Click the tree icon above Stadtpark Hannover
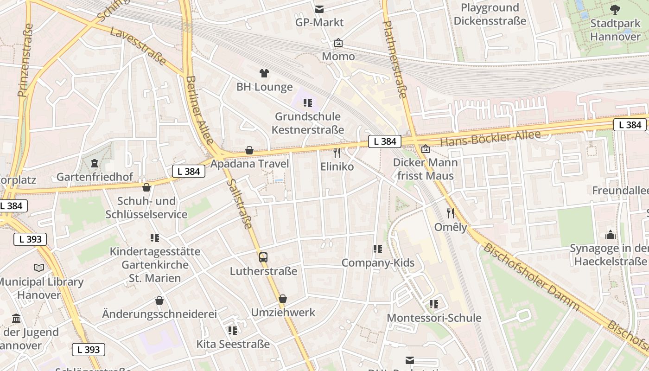click(615, 9)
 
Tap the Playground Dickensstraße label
click(490, 14)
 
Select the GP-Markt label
click(319, 22)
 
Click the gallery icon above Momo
click(338, 43)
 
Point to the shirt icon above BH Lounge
click(264, 73)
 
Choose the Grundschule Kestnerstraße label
click(308, 123)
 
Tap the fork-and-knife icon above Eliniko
click(337, 153)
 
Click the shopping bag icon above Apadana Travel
click(249, 150)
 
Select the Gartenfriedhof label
click(95, 177)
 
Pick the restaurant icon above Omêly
click(451, 213)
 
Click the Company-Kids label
click(378, 263)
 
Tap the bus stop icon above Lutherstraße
click(263, 257)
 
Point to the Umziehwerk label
click(283, 313)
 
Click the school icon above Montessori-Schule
click(434, 304)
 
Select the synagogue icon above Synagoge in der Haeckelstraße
click(611, 235)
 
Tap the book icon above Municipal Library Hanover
click(39, 268)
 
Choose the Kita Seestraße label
click(233, 344)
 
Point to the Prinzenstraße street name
click(26, 60)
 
